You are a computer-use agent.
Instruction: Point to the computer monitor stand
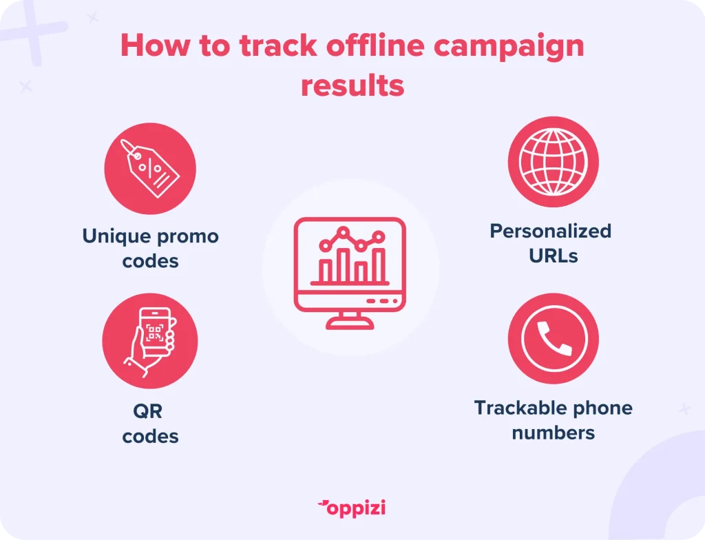coord(350,320)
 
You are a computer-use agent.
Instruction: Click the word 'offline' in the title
coord(375,46)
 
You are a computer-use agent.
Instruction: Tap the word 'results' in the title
coord(352,85)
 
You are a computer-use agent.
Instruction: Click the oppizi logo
coord(352,508)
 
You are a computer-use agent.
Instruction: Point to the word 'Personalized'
coord(551,231)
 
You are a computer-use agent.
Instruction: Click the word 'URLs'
coord(554,256)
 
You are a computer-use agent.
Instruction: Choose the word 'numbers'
coord(554,433)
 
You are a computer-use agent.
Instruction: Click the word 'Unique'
coord(116,237)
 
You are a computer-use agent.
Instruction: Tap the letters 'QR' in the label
coord(148,411)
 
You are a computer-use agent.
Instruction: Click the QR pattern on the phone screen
coord(154,333)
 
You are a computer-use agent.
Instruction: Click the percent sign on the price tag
coord(150,168)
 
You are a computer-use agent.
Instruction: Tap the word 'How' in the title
coord(156,46)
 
